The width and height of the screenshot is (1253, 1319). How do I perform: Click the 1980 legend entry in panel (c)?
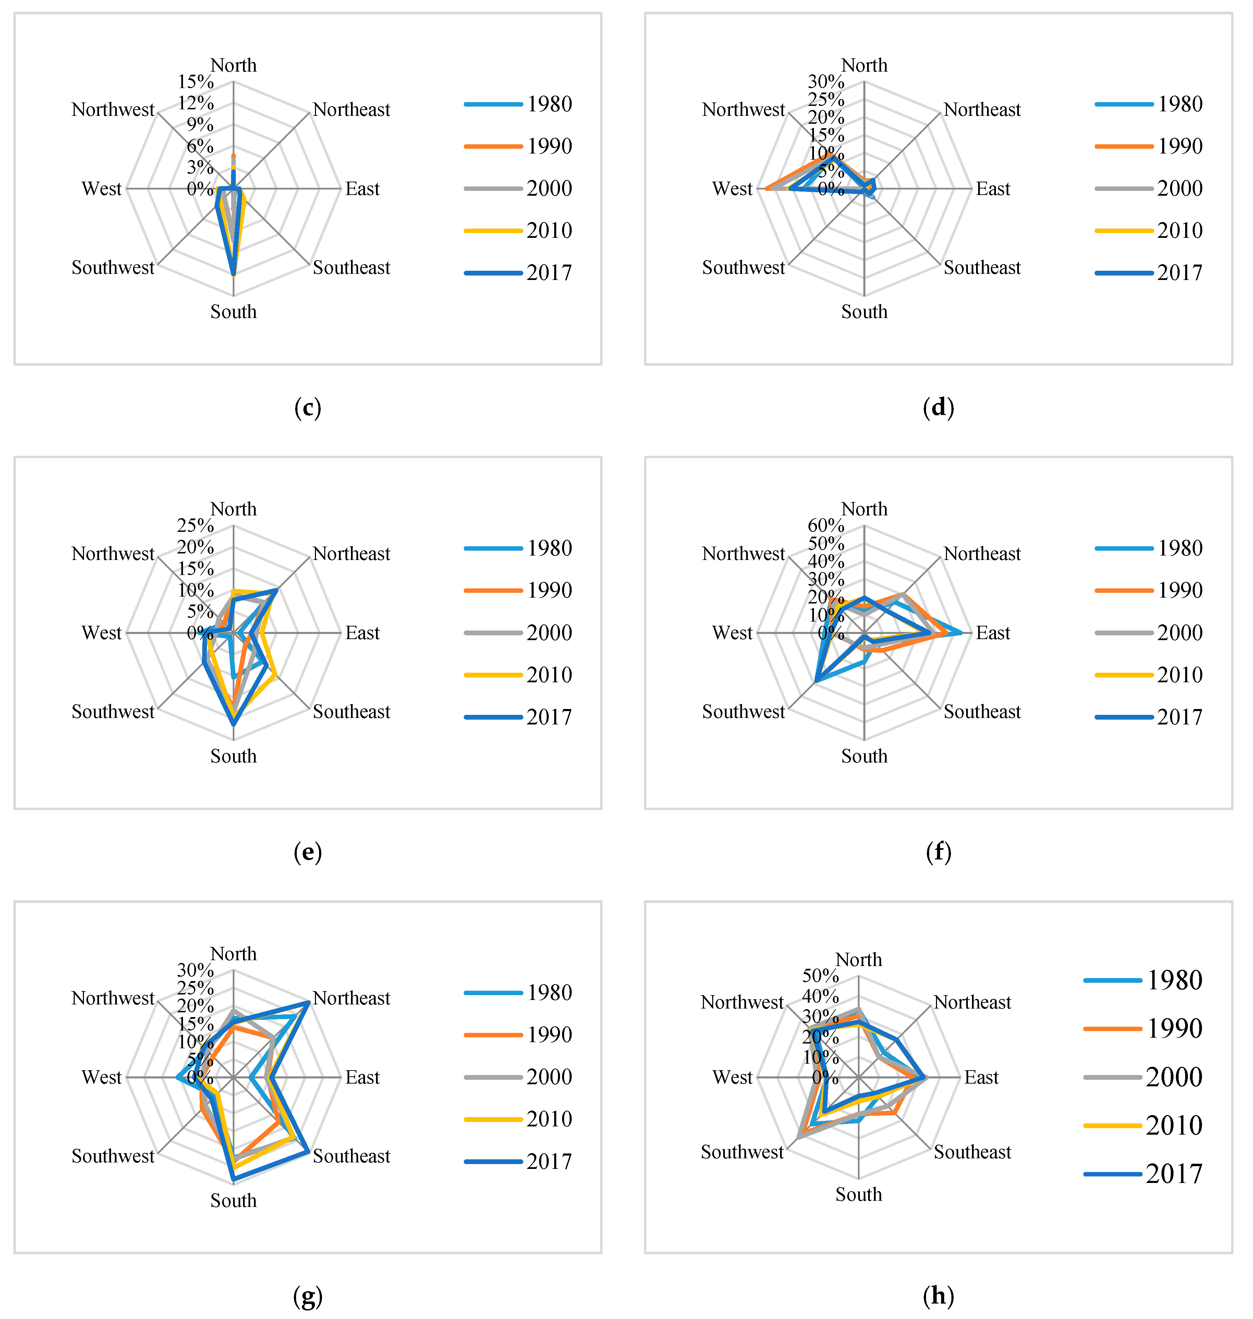tap(518, 104)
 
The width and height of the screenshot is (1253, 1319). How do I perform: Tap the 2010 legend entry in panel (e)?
tap(518, 674)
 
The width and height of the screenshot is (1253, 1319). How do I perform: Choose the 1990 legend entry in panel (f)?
tap(1149, 590)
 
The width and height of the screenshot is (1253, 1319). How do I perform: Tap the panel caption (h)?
tap(938, 1296)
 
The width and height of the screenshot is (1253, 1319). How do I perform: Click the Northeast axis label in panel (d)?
tap(982, 110)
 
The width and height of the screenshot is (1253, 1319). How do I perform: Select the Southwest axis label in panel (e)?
tap(113, 712)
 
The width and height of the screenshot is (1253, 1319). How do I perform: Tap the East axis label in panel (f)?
tap(993, 633)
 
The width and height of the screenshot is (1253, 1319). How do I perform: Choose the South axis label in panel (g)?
tap(233, 1200)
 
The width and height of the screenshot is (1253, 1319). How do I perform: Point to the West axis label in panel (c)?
tap(101, 189)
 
